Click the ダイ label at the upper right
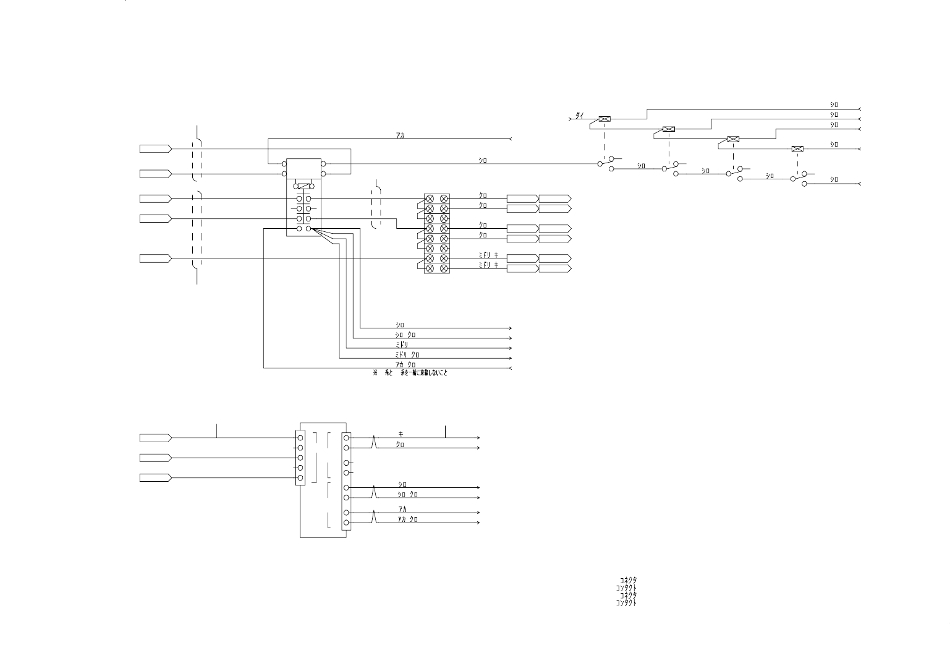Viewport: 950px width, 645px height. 580,116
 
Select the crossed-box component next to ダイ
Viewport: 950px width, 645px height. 605,119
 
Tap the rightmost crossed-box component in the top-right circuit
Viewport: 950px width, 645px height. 798,149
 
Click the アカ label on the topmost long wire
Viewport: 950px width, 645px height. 401,135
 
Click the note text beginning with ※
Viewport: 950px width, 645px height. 410,373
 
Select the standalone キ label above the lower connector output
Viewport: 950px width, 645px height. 401,434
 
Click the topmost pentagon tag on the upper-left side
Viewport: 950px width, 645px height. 155,149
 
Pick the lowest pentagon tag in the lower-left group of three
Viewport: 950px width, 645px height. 155,478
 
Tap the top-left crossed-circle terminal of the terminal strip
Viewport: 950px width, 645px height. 430,199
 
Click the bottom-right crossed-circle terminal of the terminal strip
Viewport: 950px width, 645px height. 444,268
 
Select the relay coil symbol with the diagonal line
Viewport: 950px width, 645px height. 303,186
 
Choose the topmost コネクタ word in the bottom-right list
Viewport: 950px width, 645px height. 628,581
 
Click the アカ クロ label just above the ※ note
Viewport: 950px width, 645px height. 405,365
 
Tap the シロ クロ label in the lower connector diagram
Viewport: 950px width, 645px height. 407,494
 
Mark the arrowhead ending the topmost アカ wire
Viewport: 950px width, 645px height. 510,139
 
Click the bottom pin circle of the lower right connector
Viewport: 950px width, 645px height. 346,523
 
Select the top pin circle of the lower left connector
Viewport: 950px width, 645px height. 300,438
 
